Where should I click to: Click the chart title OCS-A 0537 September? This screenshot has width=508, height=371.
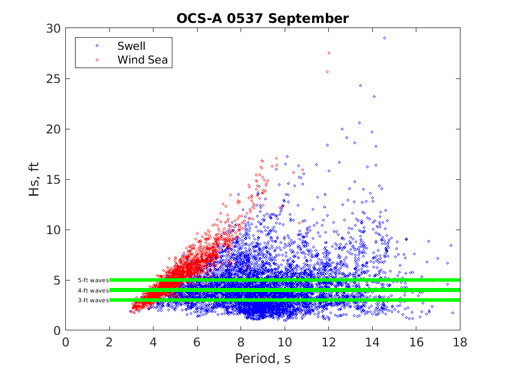coord(262,18)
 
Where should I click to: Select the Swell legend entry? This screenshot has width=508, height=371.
coord(132,45)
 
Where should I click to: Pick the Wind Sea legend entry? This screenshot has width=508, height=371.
coord(143,59)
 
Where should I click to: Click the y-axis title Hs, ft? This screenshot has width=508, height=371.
coord(35,179)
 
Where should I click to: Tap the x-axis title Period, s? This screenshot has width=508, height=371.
coord(262,359)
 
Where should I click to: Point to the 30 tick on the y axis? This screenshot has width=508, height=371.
coord(54,28)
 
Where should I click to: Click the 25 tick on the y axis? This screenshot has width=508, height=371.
coord(54,78)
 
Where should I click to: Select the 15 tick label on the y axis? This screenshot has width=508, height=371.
coord(54,179)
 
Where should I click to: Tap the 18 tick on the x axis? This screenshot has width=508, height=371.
coord(459,342)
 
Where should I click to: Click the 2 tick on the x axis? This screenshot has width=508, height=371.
coord(109,342)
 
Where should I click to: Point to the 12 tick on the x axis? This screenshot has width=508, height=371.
coord(328,342)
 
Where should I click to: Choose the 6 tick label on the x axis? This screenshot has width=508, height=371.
coord(197,342)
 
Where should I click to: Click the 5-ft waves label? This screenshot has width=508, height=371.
coord(93,281)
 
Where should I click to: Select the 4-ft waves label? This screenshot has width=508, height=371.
coord(93,290)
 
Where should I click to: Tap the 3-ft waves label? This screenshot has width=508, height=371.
coord(93,300)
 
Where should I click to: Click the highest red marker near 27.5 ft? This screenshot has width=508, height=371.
coord(329,53)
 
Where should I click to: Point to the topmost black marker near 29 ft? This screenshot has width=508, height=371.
coord(384,38)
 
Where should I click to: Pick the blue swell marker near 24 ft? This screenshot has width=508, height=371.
coord(360,85)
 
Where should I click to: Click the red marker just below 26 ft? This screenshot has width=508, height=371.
coord(328,72)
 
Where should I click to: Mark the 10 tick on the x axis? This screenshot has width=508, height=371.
coord(285,342)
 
